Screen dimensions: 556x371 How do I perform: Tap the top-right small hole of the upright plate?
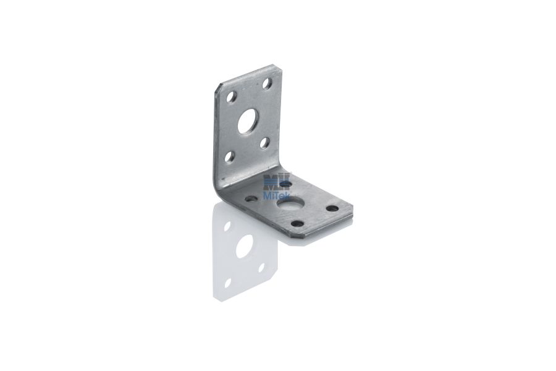267,84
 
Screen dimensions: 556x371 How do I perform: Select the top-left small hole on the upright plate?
232,97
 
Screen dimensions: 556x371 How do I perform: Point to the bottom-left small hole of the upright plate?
230,156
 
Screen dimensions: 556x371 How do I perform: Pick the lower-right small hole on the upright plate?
264,143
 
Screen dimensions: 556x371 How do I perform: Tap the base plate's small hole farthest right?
332,208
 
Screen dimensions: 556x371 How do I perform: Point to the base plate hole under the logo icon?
286,184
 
